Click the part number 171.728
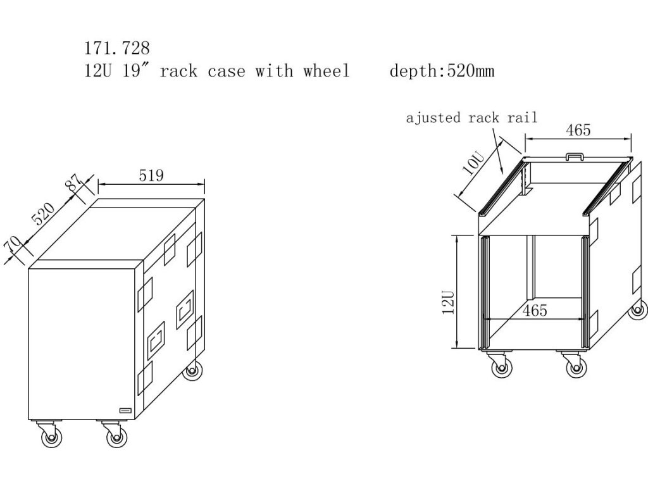click(117, 47)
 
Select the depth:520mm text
click(442, 71)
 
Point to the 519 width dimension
click(151, 175)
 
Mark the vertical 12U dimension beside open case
click(449, 302)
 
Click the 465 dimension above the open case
click(578, 130)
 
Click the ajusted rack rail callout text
click(471, 118)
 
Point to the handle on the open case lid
click(574, 154)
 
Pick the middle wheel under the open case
click(575, 366)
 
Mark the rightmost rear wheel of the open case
click(638, 310)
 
